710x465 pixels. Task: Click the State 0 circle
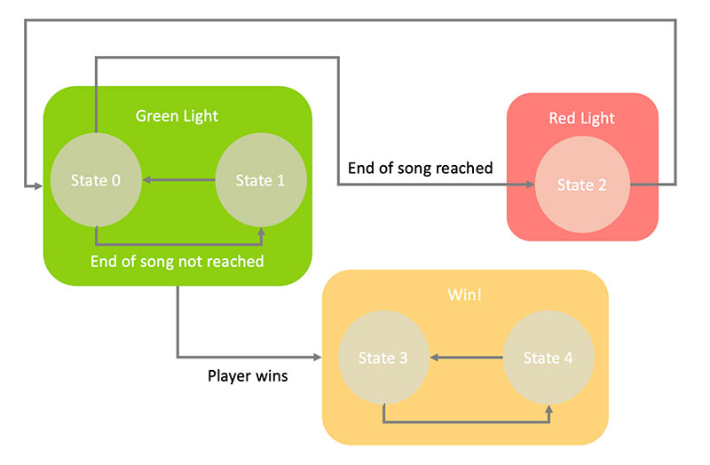(x=96, y=180)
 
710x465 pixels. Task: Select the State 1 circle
(x=261, y=180)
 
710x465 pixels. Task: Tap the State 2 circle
(x=582, y=185)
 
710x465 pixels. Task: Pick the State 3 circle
(x=383, y=358)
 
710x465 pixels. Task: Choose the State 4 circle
(x=548, y=358)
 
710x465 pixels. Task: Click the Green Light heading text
(x=177, y=116)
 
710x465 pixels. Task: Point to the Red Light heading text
(x=582, y=118)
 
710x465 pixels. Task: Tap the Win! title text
(x=464, y=295)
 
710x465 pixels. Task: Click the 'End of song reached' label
(x=420, y=168)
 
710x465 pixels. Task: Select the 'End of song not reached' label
(x=177, y=261)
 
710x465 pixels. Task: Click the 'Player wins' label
(x=248, y=375)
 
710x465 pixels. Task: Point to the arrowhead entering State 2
(x=530, y=185)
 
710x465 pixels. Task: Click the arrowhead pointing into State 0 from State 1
(x=147, y=180)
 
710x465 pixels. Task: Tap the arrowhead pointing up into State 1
(x=261, y=232)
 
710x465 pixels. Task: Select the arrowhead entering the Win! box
(x=318, y=358)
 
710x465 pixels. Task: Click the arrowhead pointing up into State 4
(x=548, y=410)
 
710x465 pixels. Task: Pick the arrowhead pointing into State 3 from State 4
(x=435, y=358)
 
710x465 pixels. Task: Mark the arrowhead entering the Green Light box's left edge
(x=37, y=185)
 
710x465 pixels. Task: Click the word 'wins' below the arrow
(x=272, y=375)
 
